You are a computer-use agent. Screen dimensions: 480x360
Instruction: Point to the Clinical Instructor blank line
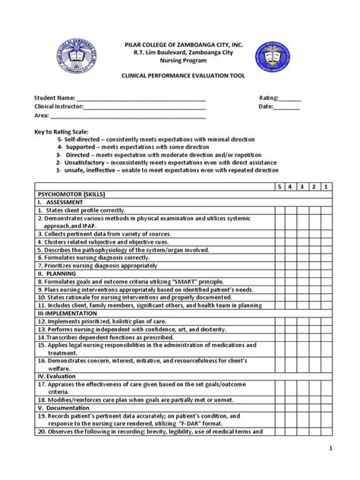pos(144,108)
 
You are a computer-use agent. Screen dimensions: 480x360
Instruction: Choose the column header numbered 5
pos(279,187)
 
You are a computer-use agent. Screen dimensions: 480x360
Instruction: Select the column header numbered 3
pos(302,187)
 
